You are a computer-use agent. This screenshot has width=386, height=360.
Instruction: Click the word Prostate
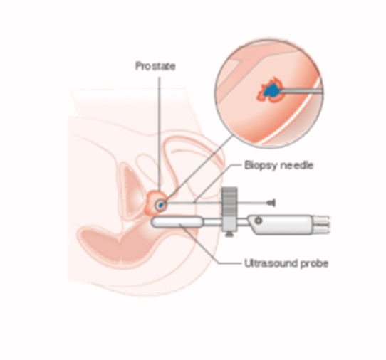click(155, 66)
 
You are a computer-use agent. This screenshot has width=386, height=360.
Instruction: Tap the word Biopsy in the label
click(261, 165)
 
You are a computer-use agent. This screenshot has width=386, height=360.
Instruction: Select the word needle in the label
click(297, 165)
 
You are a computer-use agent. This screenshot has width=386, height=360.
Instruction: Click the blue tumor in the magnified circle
click(271, 90)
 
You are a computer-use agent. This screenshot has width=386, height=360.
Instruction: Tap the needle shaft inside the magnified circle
click(301, 92)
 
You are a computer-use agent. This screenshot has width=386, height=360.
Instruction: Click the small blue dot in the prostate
click(161, 205)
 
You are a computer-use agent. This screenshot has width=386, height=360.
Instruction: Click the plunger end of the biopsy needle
click(271, 203)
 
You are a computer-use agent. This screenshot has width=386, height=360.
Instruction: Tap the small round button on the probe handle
click(259, 221)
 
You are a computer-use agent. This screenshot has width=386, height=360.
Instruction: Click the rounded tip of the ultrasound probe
click(155, 222)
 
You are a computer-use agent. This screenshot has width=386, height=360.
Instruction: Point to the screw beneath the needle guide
click(229, 234)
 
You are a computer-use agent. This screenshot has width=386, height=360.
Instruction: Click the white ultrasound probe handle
click(280, 225)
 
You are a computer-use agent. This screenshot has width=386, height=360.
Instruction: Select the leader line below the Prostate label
click(160, 134)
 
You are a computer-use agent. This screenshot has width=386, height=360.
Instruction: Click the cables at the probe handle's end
click(321, 224)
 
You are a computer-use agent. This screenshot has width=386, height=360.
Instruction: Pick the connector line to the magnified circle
click(199, 169)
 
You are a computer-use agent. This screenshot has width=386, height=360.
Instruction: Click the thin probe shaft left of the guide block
click(212, 222)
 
